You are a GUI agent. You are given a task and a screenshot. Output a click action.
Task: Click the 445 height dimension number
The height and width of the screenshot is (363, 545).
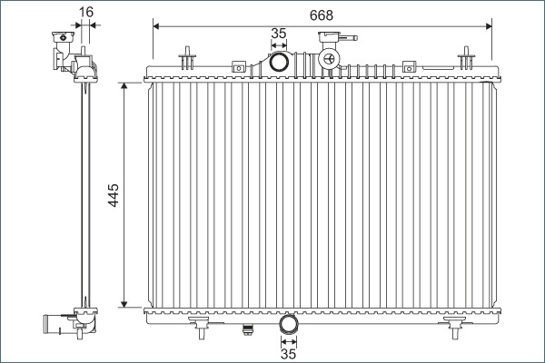(x=112, y=196)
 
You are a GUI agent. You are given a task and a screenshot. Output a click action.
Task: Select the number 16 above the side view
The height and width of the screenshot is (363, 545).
(x=86, y=12)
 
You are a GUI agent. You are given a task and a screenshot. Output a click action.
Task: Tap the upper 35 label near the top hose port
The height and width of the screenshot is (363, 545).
(x=279, y=34)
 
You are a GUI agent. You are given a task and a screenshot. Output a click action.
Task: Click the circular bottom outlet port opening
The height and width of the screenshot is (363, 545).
(x=289, y=324)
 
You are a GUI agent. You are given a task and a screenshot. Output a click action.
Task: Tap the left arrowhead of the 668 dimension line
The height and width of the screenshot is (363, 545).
(x=157, y=25)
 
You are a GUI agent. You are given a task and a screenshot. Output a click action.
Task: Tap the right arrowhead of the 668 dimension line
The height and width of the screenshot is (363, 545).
(x=490, y=25)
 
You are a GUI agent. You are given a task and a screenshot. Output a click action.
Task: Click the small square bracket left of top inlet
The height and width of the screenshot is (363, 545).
(x=239, y=65)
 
